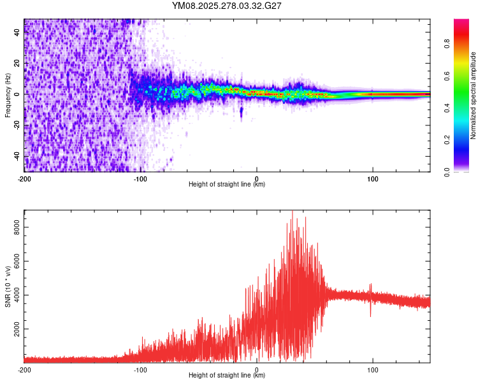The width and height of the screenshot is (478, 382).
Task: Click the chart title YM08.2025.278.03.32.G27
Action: pos(227,6)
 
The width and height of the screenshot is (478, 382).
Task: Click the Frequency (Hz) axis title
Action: pos(8,95)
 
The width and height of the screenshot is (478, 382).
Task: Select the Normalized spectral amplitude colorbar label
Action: pos(474,95)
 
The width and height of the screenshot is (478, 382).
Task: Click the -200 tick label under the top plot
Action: pos(24,178)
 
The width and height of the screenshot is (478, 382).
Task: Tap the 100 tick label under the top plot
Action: pos(373,178)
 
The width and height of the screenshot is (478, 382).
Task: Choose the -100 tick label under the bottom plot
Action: pos(140,369)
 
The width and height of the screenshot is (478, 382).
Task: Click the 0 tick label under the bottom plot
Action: pos(257,369)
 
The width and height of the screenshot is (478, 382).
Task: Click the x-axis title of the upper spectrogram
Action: pos(227,185)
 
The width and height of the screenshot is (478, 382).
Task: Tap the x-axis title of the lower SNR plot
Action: pos(227,376)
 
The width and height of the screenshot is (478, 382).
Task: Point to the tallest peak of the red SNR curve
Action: pos(292,212)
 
